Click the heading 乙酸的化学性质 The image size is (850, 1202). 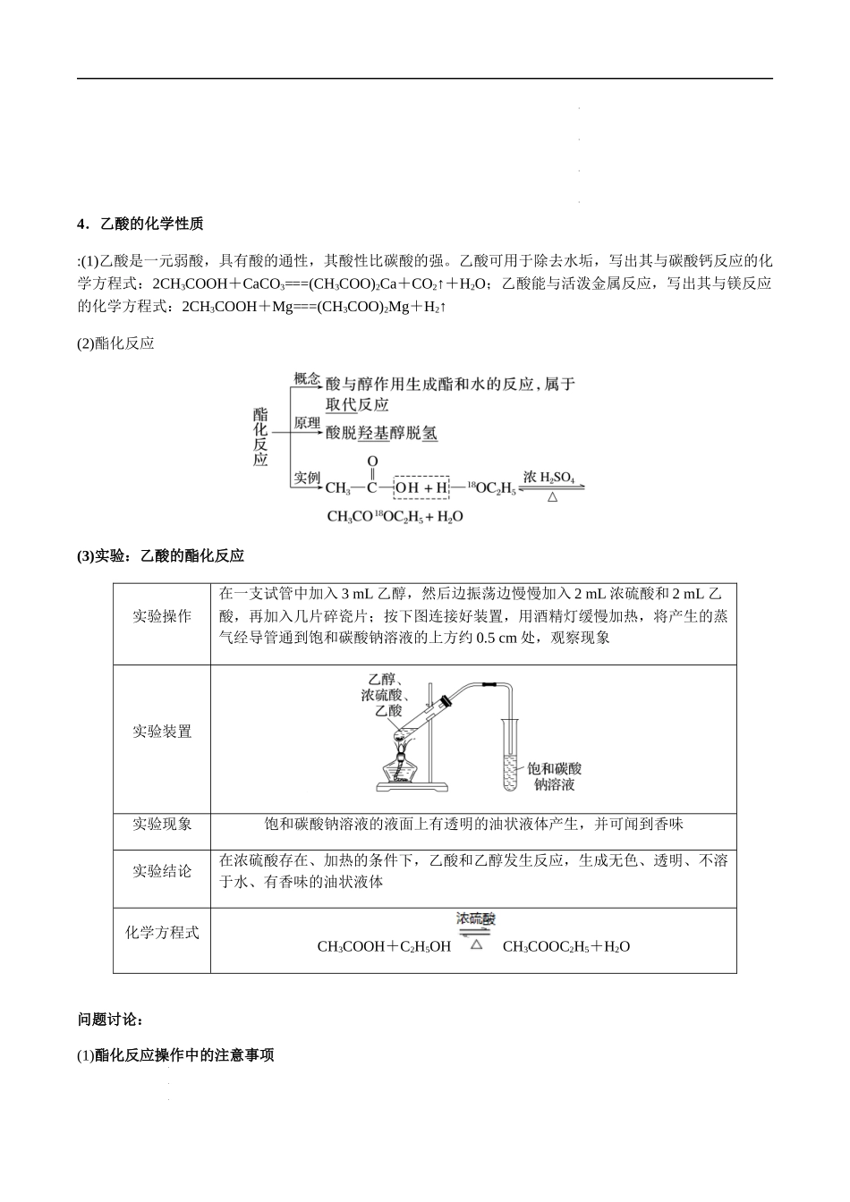152,224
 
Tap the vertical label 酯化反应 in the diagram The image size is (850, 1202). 260,436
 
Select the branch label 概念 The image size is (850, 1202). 307,379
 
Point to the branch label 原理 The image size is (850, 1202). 307,423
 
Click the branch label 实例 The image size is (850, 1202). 307,477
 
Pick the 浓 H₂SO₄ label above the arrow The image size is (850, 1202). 548,477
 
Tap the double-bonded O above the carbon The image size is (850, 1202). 372,461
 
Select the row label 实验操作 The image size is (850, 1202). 162,616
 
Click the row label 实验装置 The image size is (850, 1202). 162,731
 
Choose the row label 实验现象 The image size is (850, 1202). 162,824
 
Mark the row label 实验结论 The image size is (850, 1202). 162,871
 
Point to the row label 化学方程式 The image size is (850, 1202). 162,933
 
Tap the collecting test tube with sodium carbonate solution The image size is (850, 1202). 510,755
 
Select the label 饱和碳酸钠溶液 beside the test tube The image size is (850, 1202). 554,776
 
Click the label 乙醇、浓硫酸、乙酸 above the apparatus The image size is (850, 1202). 385,695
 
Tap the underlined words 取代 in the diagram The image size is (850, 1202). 341,404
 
